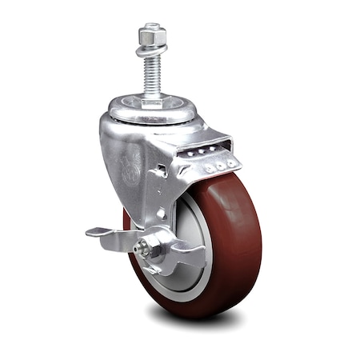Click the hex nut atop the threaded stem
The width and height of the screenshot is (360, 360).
pyautogui.click(x=150, y=37)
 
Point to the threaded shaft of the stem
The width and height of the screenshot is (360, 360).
pyautogui.click(x=151, y=76)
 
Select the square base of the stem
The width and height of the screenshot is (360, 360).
pyautogui.click(x=152, y=102)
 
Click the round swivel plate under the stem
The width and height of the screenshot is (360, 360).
pyautogui.click(x=152, y=112)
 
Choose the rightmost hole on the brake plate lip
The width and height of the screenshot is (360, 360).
pyautogui.click(x=230, y=162)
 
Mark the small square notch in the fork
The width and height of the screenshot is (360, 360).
pyautogui.click(x=162, y=170)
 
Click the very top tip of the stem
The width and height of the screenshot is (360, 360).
pyautogui.click(x=150, y=25)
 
